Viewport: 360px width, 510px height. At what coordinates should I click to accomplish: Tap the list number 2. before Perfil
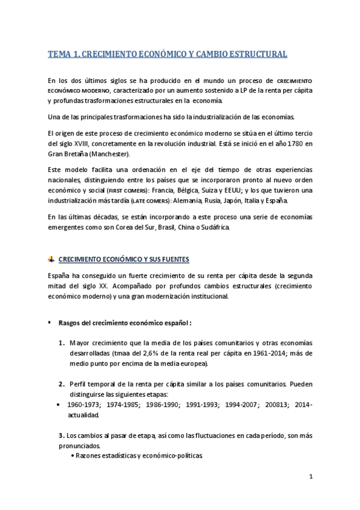[62, 384]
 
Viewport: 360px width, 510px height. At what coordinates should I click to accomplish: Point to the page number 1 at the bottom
[311, 478]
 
